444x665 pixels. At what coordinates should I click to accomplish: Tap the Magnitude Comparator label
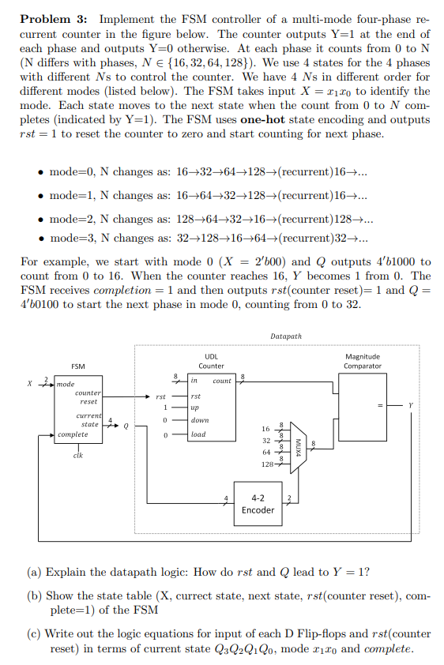point(363,361)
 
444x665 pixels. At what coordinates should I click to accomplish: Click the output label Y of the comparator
point(410,406)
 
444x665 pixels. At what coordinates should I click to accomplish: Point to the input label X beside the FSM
point(30,384)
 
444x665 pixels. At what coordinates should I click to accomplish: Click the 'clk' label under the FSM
point(78,455)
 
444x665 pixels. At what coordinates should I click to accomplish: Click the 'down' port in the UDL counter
point(200,421)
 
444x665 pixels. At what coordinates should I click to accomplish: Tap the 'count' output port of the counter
point(222,381)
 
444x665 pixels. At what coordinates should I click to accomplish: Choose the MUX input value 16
point(266,429)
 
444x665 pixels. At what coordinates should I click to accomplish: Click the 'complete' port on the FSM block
point(73,434)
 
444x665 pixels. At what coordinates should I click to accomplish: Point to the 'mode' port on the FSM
point(66,385)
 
